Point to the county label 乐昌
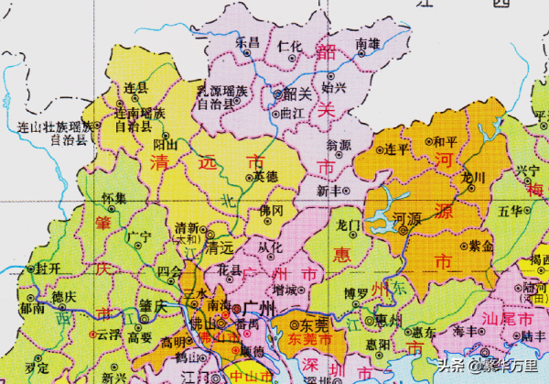(x=247, y=43)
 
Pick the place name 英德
(x=264, y=176)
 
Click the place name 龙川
(x=473, y=176)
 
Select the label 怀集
(x=113, y=198)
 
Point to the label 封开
(x=48, y=269)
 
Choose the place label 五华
(x=511, y=211)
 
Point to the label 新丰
(x=329, y=192)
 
